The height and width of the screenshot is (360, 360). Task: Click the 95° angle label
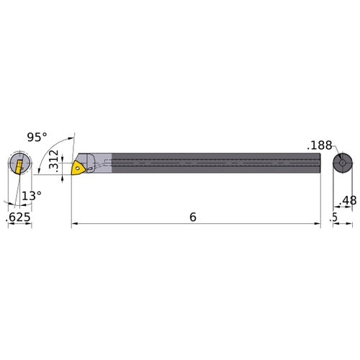[x=37, y=136]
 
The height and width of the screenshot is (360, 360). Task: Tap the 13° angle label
[x=31, y=194]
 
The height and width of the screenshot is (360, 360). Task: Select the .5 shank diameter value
[x=333, y=217]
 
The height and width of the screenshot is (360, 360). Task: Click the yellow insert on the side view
[x=79, y=168]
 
